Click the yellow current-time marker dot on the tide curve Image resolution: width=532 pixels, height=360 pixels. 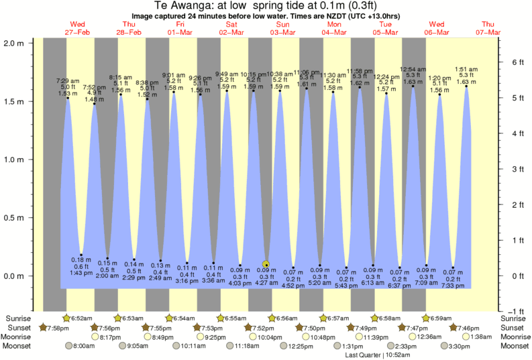click(x=266, y=264)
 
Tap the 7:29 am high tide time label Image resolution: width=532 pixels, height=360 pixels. click(x=67, y=80)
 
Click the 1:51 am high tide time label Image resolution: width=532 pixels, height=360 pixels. click(x=466, y=70)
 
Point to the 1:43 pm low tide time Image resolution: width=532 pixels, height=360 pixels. click(x=81, y=273)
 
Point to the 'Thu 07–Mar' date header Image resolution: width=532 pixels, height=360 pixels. click(x=487, y=27)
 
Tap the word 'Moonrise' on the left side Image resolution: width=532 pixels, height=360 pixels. click(x=19, y=337)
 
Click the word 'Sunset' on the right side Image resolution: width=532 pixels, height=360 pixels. click(x=513, y=328)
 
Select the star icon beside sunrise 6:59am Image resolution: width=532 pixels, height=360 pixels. click(x=426, y=318)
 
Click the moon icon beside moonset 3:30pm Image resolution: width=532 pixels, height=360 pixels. click(x=444, y=347)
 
